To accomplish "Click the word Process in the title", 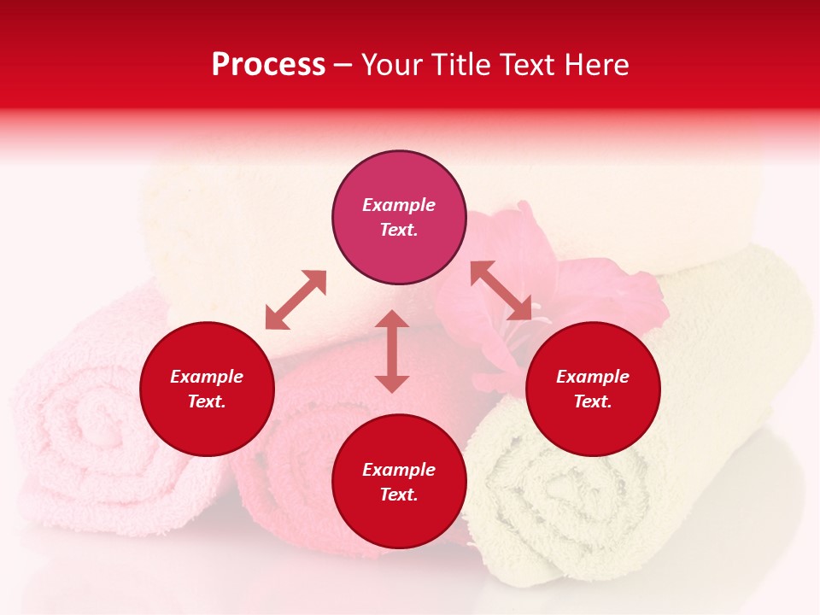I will point(268,65).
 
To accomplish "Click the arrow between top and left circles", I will point(296,300).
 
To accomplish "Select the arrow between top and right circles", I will point(501,290).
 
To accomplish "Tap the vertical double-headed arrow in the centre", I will point(392,351).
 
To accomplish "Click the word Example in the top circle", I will point(399,205).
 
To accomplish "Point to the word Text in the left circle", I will point(207,401).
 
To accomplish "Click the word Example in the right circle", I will point(593,377).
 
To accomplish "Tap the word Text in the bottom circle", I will point(399,495).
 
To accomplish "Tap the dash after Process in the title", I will point(343,66).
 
